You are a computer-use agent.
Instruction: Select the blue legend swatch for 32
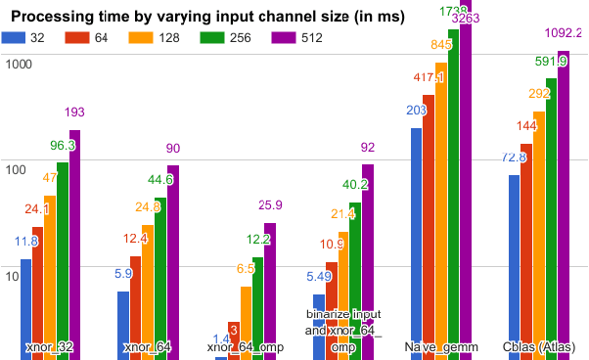coord(13,38)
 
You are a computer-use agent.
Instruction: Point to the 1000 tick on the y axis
coord(19,65)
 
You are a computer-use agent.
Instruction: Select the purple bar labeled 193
coord(74,245)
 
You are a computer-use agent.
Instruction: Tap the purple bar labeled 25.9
coord(270,291)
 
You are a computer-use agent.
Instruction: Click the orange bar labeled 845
coord(441,210)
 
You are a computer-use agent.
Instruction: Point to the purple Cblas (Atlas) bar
coord(563,204)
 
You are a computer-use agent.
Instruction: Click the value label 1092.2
coord(563,33)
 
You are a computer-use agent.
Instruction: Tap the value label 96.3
coord(63,145)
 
